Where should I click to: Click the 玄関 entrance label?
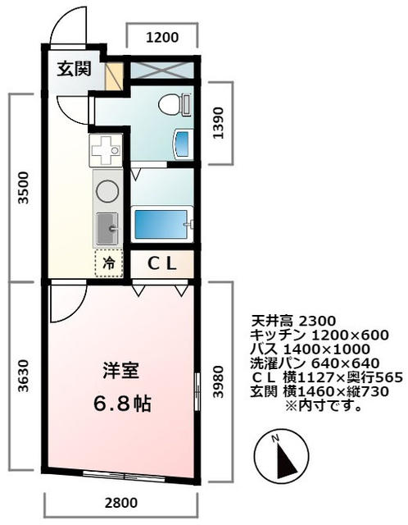click(x=74, y=69)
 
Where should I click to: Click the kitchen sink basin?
click(x=107, y=227)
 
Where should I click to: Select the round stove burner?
click(x=107, y=190)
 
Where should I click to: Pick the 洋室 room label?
click(x=120, y=370)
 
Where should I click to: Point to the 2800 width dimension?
click(x=121, y=502)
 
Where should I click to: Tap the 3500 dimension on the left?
click(x=24, y=188)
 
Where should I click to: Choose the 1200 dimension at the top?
click(x=161, y=36)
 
